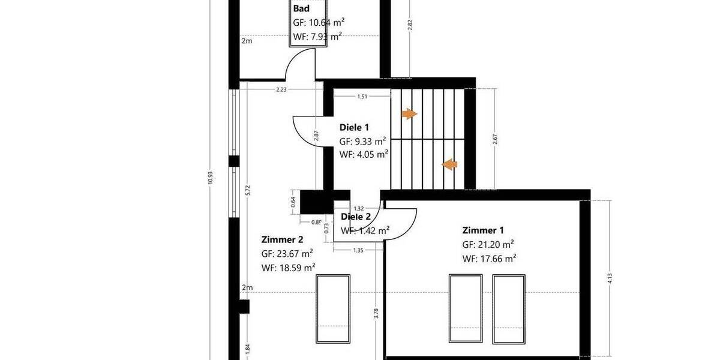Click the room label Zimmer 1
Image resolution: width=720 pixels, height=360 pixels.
(x=483, y=230)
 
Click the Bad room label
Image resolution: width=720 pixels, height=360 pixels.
(x=301, y=8)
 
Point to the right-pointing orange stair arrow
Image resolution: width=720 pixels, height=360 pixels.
(x=409, y=114)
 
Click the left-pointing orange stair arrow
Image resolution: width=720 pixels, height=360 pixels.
(x=449, y=164)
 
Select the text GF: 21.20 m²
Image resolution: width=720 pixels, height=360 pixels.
(x=488, y=244)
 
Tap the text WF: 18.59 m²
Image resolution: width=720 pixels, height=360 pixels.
(x=288, y=268)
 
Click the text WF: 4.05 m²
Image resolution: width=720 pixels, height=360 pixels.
(x=364, y=154)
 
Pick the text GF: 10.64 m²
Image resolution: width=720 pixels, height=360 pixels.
(x=319, y=23)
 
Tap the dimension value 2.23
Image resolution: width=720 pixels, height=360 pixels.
(x=281, y=89)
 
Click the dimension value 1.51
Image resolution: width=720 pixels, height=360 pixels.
(x=362, y=96)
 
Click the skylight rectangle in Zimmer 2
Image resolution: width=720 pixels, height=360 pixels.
(x=333, y=308)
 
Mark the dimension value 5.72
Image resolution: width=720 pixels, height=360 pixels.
(x=248, y=191)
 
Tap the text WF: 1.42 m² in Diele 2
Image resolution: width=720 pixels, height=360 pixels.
(x=365, y=230)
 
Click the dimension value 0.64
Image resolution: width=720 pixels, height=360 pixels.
(x=293, y=202)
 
